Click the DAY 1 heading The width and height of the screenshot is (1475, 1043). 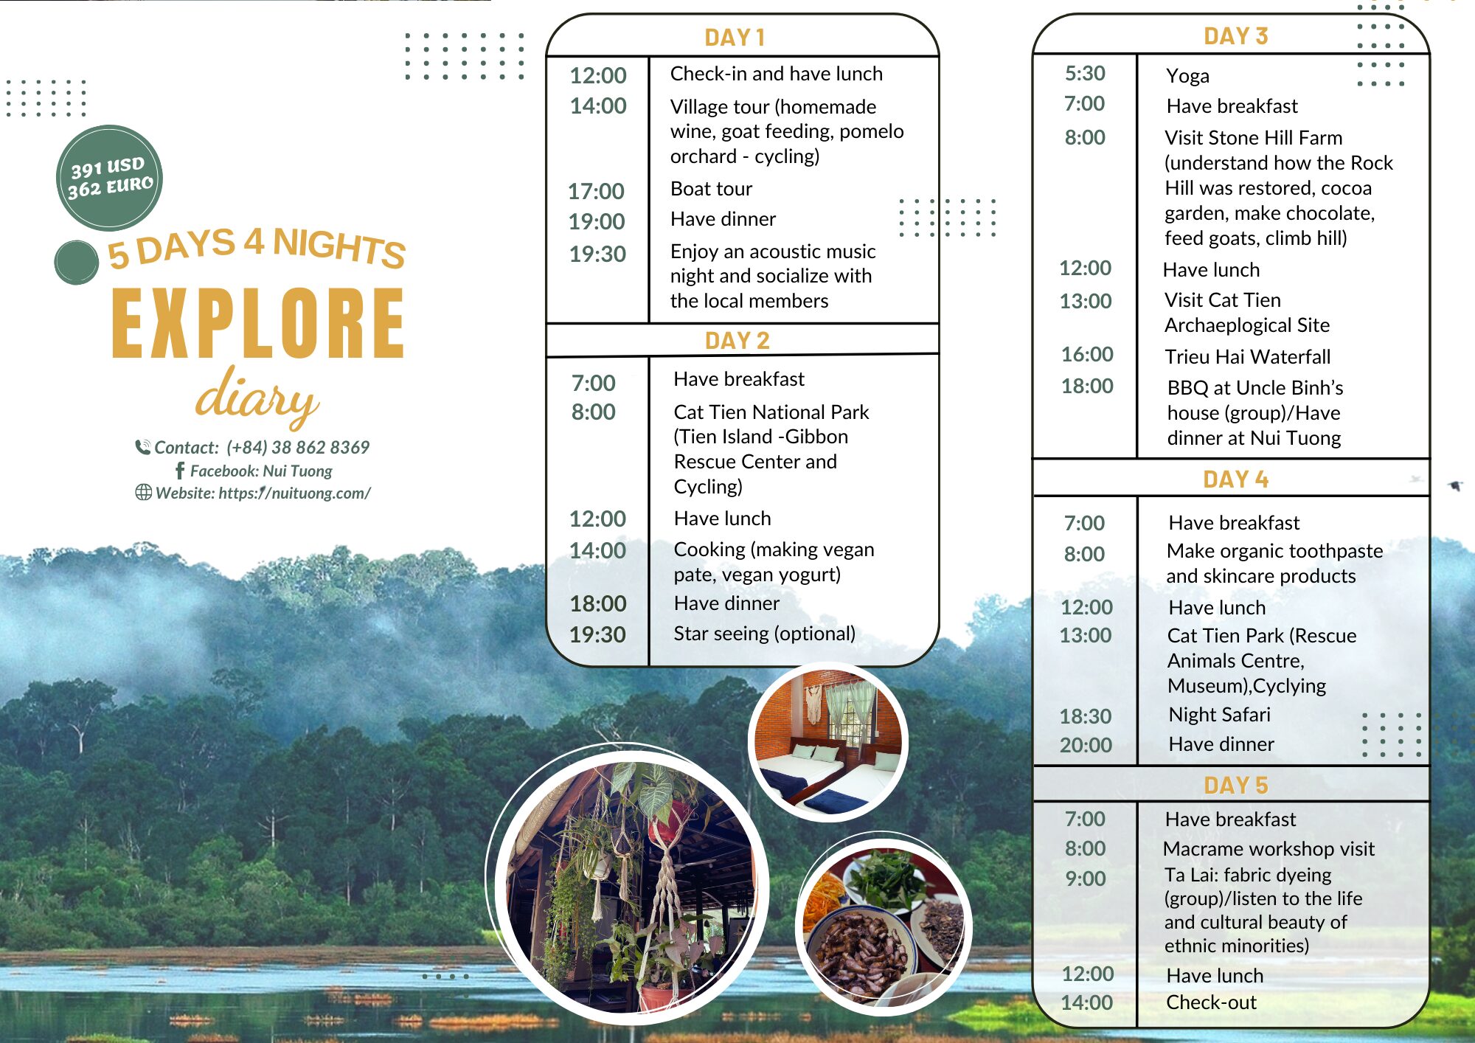[x=735, y=37]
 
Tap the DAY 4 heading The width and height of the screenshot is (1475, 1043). [x=1235, y=479]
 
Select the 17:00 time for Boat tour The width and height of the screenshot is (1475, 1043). [x=596, y=191]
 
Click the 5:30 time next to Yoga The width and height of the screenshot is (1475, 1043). [x=1085, y=73]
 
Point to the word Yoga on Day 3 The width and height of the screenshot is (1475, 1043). [x=1187, y=76]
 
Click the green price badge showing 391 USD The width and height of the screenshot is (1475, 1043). [x=109, y=178]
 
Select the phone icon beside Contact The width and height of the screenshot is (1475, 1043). [x=143, y=447]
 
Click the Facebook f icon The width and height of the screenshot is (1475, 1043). [x=180, y=471]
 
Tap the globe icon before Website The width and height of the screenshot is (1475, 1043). [x=144, y=493]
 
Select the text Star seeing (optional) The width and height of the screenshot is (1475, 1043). [x=765, y=634]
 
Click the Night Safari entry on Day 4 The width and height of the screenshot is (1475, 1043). [x=1220, y=715]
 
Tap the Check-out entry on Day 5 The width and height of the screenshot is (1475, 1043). [x=1212, y=1002]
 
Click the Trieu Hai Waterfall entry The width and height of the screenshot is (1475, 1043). [x=1248, y=357]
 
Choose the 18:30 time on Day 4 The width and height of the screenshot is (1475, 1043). [x=1086, y=716]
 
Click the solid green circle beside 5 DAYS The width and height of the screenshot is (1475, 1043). [x=77, y=263]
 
